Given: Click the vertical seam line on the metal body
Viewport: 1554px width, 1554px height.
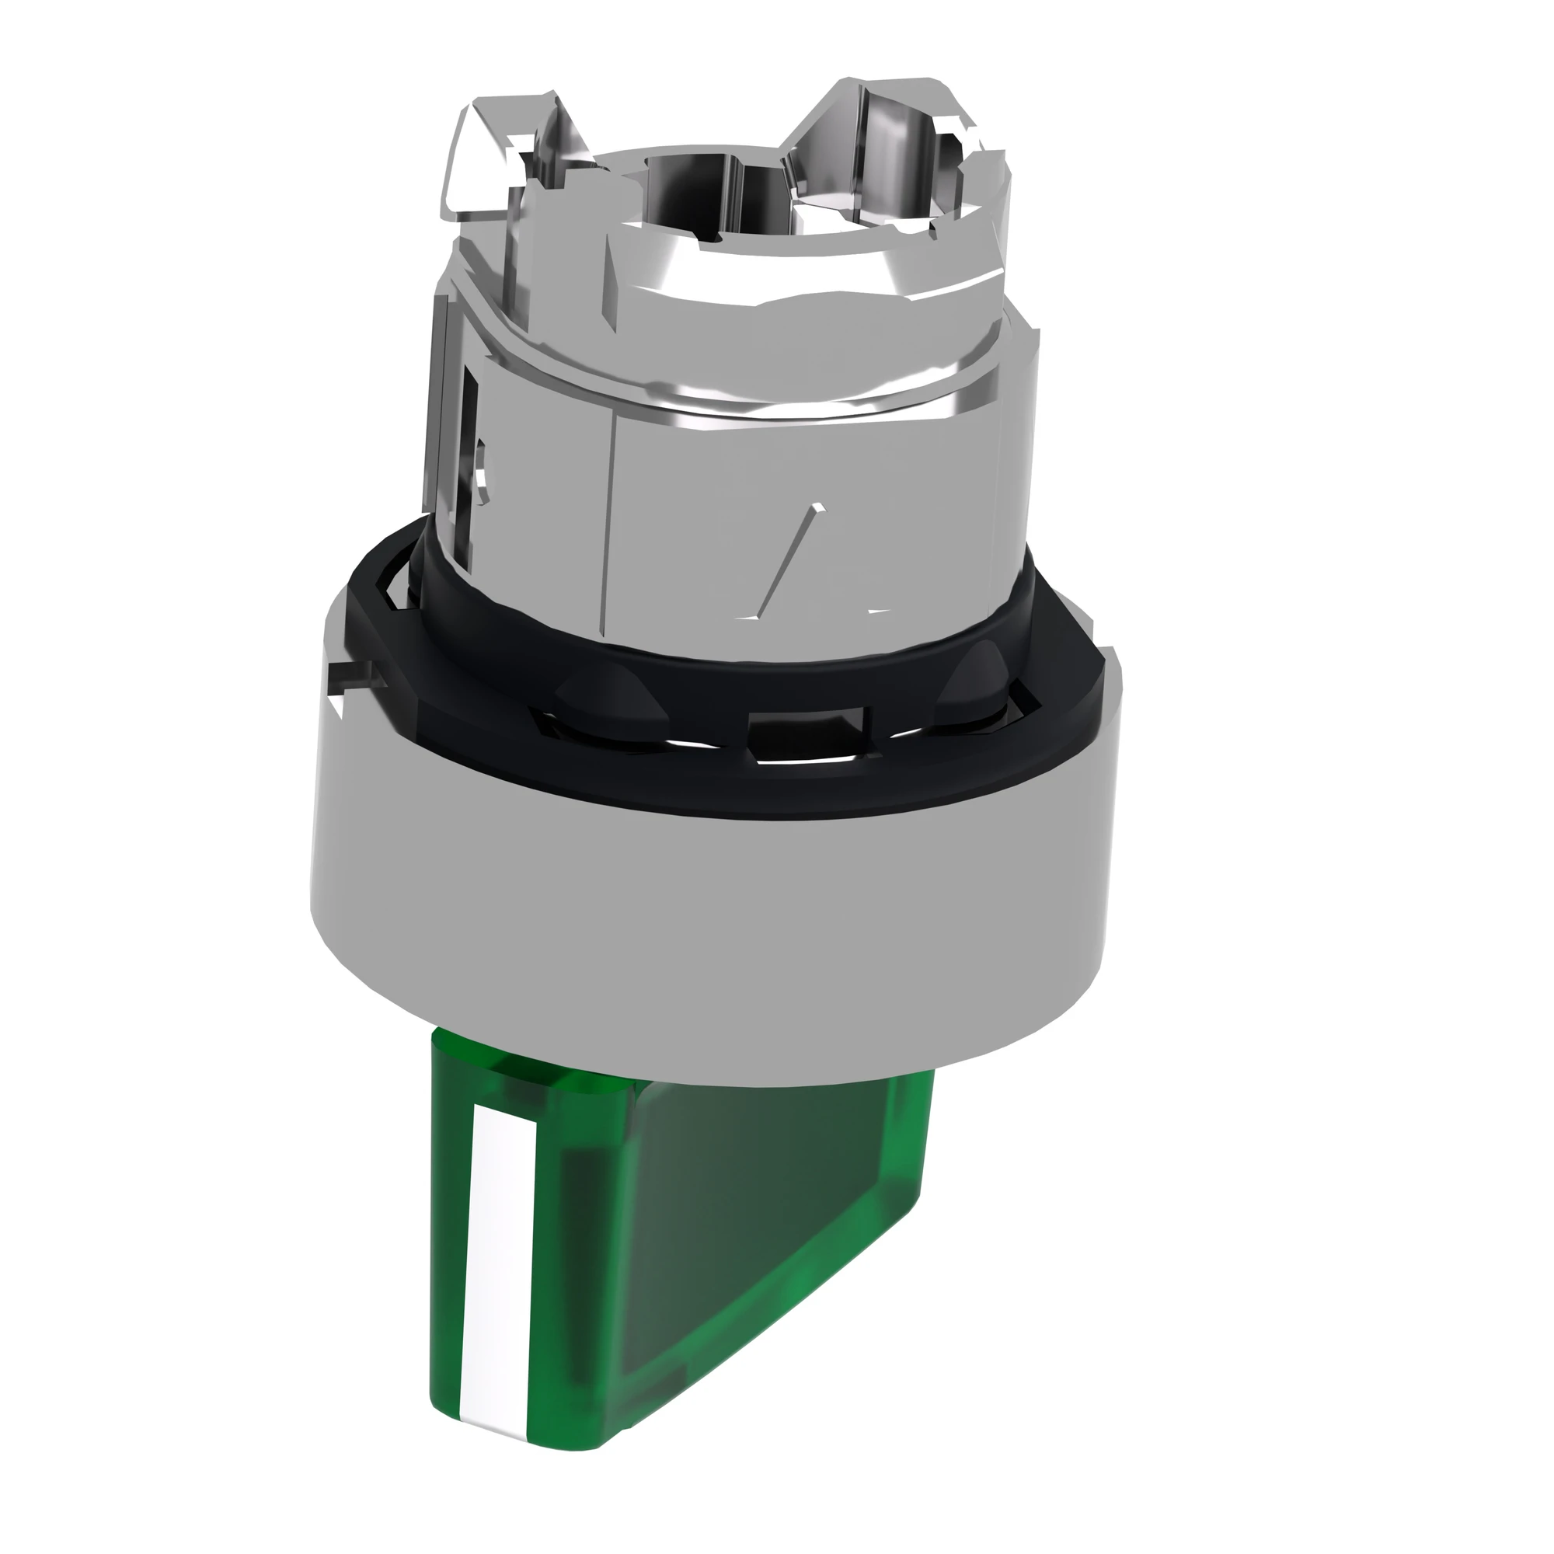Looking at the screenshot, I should click(613, 515).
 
